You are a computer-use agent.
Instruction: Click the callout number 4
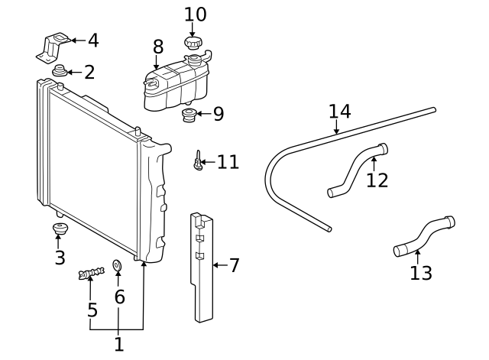(x=93, y=41)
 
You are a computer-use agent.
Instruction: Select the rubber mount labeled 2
(x=58, y=73)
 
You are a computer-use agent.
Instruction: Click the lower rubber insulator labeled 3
(x=58, y=229)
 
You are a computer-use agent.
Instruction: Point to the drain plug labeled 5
(x=90, y=272)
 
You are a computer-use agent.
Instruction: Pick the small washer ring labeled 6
(x=118, y=265)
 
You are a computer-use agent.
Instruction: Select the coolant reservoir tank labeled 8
(x=174, y=83)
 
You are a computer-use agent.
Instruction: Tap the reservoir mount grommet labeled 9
(x=189, y=116)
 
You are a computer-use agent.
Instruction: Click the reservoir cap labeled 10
(x=193, y=42)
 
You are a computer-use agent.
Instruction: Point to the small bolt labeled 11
(x=198, y=161)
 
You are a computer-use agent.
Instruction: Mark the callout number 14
(x=339, y=112)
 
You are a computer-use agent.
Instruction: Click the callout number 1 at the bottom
(x=118, y=345)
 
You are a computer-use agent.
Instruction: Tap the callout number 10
(x=196, y=14)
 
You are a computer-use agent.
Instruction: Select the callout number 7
(x=235, y=265)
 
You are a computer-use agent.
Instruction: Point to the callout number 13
(x=421, y=273)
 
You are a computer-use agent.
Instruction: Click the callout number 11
(x=228, y=162)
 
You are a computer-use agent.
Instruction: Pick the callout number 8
(x=158, y=47)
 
